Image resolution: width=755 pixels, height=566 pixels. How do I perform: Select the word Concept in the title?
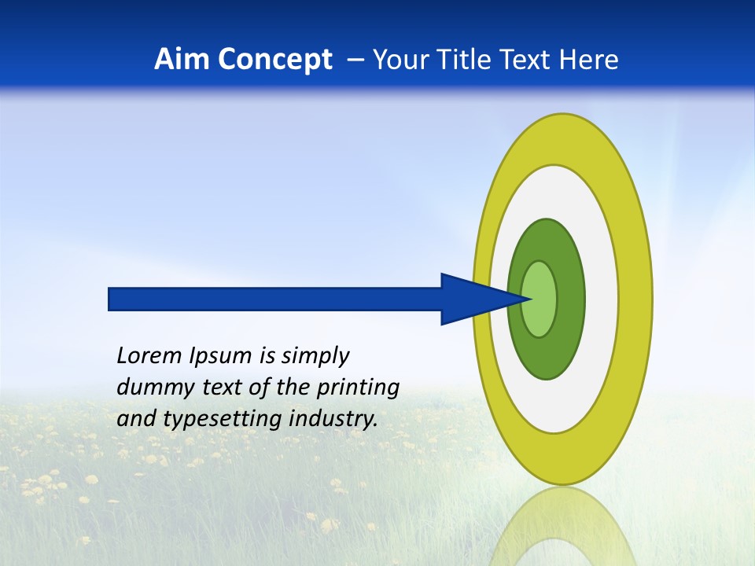275,60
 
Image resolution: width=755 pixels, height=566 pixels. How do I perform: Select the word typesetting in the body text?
212,420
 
